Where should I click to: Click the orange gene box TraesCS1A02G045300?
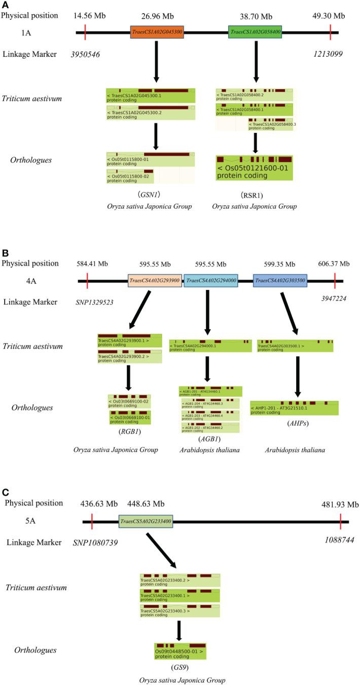[x=157, y=32]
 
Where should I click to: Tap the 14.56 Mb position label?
[x=88, y=16]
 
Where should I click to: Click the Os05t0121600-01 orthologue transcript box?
[x=254, y=168]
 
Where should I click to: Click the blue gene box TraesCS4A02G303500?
[x=280, y=280]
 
